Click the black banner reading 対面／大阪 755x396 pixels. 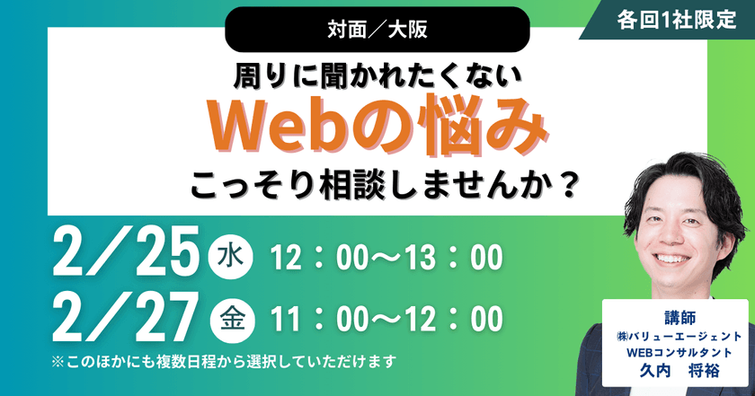tap(377, 30)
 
